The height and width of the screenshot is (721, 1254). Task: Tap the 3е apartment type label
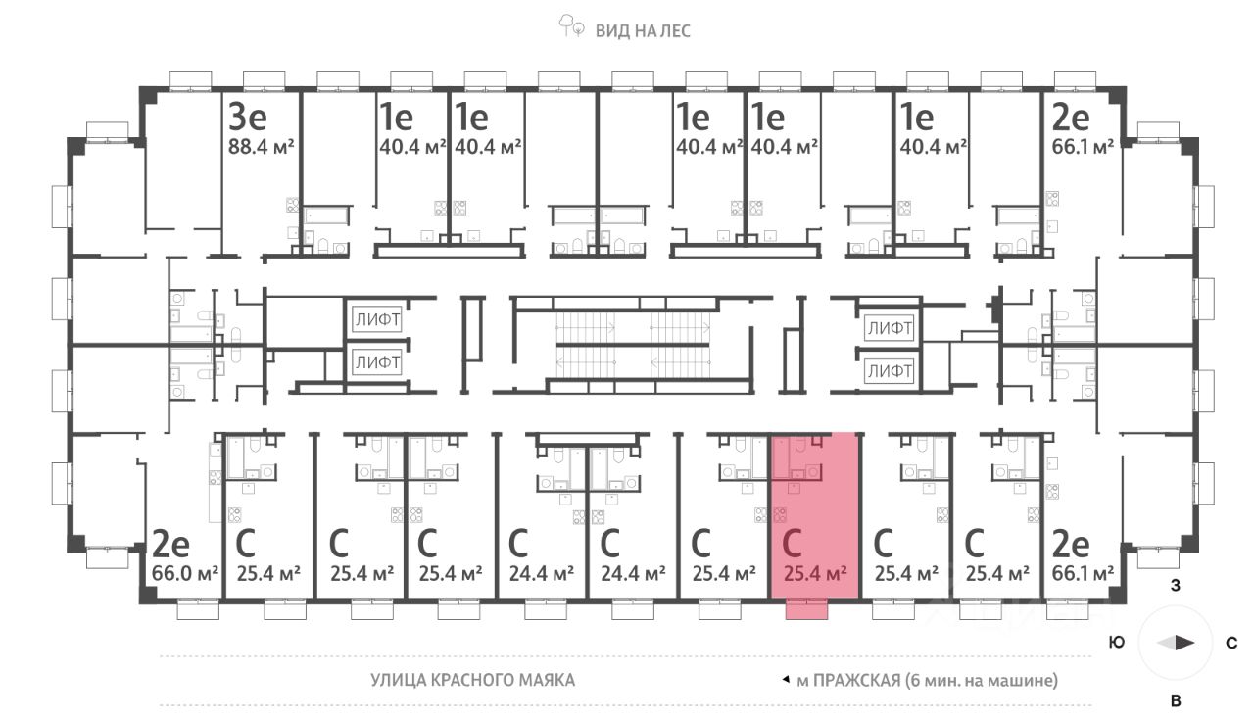(x=247, y=118)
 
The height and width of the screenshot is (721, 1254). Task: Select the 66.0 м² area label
(x=186, y=572)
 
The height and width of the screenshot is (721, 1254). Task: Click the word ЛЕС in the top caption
(x=673, y=30)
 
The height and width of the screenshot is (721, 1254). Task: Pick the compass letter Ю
(x=1116, y=644)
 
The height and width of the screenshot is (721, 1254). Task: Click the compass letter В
(x=1176, y=700)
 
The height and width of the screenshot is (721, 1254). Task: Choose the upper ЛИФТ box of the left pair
(x=377, y=320)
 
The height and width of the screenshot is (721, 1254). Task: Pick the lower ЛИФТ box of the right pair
(x=889, y=371)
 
